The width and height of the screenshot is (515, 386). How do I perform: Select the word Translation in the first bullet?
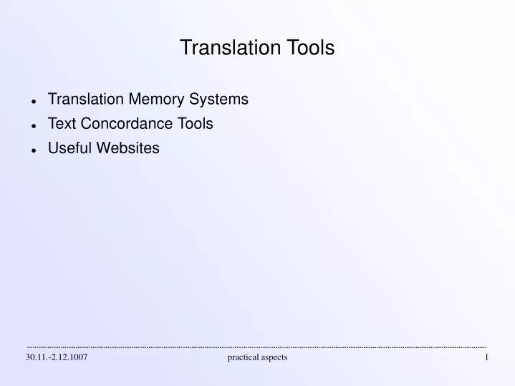(x=86, y=100)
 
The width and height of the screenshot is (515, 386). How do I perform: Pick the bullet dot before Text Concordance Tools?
(x=34, y=125)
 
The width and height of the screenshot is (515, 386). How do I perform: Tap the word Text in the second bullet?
(x=62, y=124)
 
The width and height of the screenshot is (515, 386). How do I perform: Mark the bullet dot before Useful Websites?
(x=34, y=150)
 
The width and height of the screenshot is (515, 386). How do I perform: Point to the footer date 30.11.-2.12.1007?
(x=57, y=357)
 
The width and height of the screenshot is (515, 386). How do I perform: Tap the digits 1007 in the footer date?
(x=78, y=357)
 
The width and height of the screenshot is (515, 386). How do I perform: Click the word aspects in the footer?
(x=274, y=357)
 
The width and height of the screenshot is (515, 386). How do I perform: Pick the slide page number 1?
(x=486, y=357)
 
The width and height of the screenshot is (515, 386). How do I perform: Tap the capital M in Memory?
(x=134, y=100)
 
